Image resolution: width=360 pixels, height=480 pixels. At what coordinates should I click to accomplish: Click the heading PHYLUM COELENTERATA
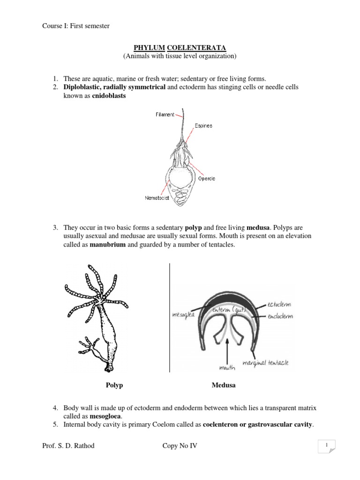[x=180, y=48]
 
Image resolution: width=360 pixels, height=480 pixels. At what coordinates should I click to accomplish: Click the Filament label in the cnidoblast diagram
[x=165, y=114]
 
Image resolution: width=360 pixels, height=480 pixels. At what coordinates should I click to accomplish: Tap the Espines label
[x=203, y=126]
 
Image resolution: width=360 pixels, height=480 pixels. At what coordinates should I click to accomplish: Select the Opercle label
[x=206, y=179]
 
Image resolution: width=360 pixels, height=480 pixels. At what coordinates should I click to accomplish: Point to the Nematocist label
[x=157, y=197]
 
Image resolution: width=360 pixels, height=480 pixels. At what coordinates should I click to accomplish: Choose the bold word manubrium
[x=107, y=244]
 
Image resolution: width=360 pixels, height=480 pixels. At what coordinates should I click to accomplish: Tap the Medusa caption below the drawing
[x=224, y=385]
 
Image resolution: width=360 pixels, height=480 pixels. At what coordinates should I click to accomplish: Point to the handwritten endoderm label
[x=280, y=316]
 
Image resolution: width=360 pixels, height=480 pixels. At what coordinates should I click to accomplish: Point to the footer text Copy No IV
[x=180, y=446]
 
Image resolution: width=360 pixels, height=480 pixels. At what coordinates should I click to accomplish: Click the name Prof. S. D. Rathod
[x=68, y=446]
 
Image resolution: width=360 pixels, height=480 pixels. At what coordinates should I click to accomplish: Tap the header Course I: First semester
[x=76, y=26]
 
